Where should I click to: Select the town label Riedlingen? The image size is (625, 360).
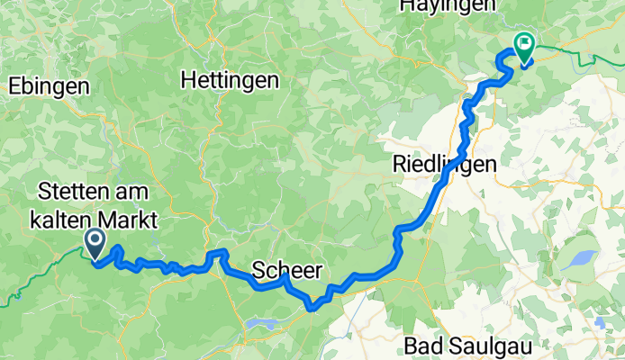tap(445, 164)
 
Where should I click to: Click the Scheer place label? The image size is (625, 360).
tap(285, 270)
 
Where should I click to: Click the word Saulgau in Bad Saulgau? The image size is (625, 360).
tap(498, 345)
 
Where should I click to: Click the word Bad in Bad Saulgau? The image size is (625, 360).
tap(421, 345)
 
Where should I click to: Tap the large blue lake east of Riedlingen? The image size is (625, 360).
tap(577, 262)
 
